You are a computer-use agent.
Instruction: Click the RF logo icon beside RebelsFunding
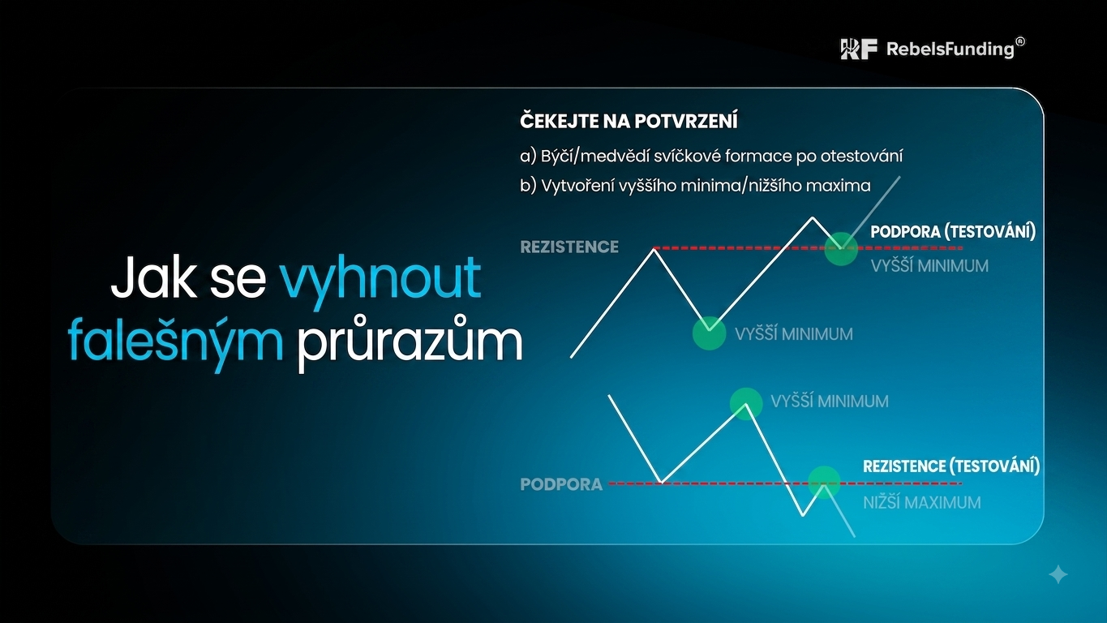coord(859,49)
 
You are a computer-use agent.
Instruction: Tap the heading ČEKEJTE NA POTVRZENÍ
coord(629,121)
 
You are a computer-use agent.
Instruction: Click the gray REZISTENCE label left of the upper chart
coord(569,247)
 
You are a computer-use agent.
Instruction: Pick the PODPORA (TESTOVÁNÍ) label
coord(953,231)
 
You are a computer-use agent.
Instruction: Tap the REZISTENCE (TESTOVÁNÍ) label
coord(951,466)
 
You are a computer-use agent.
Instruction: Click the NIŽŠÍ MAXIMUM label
coord(921,502)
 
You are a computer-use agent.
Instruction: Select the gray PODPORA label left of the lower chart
coord(561,484)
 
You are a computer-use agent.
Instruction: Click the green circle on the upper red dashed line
coord(841,249)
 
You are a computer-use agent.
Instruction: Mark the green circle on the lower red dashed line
coord(824,483)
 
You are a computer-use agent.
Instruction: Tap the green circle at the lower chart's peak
coord(746,404)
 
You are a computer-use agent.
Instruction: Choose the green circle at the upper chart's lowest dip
coord(709,333)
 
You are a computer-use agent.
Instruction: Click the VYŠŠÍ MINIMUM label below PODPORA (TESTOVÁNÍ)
coord(929,266)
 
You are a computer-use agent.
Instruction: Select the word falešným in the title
coord(176,342)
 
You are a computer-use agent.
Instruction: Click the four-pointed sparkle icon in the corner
coord(1058,574)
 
